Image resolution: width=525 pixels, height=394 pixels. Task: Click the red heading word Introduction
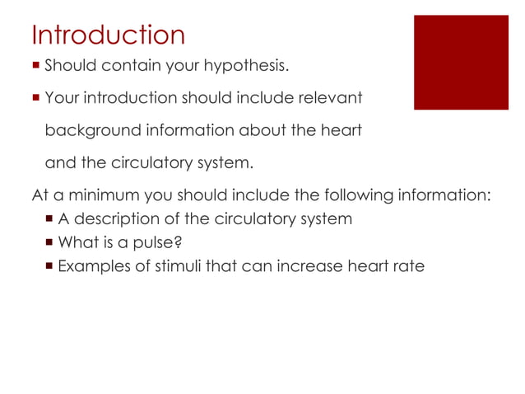[x=108, y=35]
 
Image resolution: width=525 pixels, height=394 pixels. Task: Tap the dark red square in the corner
[x=461, y=62]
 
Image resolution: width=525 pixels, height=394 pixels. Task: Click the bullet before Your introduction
[x=35, y=98]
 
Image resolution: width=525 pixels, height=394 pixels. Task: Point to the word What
[x=77, y=243]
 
